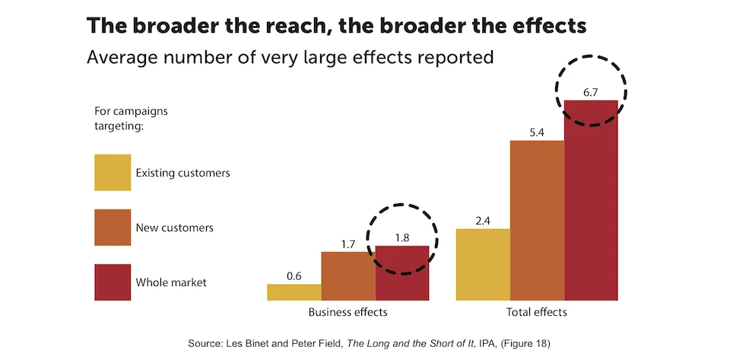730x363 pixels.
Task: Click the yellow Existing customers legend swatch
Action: [113, 173]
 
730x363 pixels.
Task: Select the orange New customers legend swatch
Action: [113, 228]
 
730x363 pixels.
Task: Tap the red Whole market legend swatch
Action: [113, 282]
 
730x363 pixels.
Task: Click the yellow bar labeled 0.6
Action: [294, 292]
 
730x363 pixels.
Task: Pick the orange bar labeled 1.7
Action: [348, 275]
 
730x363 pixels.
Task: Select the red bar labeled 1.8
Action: [401, 273]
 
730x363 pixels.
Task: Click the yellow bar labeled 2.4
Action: [483, 264]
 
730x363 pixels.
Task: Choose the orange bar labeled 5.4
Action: [537, 220]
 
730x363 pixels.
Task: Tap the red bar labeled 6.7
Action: [591, 199]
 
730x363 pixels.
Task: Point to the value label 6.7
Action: [591, 91]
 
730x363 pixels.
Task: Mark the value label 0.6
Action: [294, 276]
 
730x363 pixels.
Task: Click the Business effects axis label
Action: [348, 312]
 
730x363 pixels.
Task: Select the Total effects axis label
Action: [537, 312]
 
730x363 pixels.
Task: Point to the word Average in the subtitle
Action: [120, 57]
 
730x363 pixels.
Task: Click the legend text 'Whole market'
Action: [171, 282]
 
